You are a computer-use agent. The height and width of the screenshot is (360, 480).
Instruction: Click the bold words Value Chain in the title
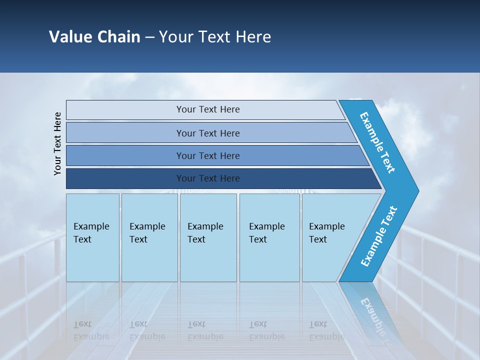click(x=94, y=37)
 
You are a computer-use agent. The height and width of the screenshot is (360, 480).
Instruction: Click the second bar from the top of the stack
click(x=208, y=133)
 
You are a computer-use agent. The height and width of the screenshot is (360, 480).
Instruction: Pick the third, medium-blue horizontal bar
click(x=208, y=155)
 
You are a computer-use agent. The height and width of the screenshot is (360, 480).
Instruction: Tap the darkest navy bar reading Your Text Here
click(x=208, y=178)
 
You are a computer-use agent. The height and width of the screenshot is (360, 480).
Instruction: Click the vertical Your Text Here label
click(x=57, y=143)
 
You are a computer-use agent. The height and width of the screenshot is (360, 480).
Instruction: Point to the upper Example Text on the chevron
click(x=377, y=142)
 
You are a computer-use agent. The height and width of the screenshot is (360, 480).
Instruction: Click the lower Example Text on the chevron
click(x=378, y=236)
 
